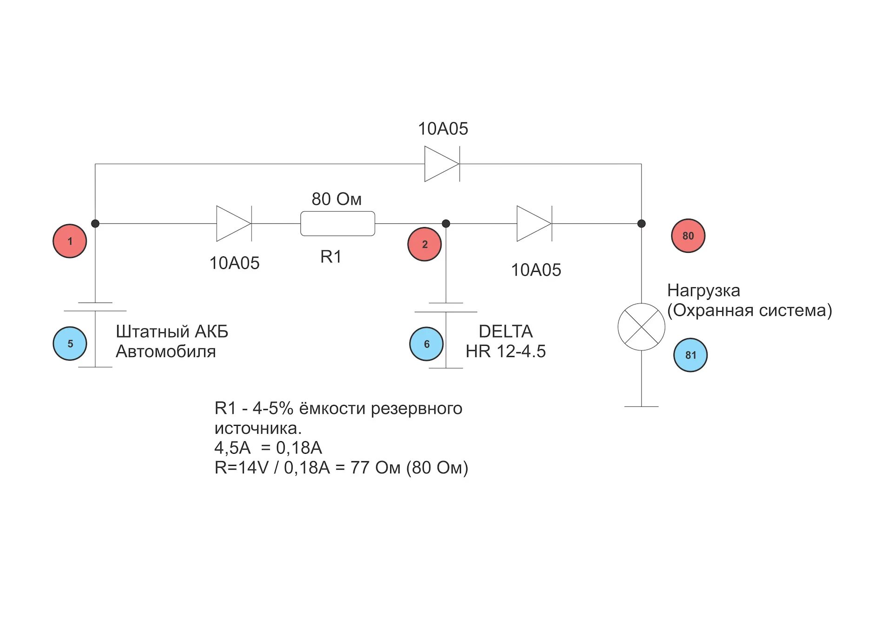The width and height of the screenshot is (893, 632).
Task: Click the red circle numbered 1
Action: point(70,241)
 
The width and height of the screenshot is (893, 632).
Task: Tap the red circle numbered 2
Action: point(424,244)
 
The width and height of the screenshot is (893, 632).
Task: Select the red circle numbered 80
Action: point(688,236)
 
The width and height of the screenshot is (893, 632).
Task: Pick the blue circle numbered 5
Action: point(70,343)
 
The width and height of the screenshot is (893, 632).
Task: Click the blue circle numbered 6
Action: point(426,344)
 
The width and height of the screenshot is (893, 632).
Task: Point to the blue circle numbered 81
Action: point(690,355)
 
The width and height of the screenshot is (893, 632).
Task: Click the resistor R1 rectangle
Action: point(338,224)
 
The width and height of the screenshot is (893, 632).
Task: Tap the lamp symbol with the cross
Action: point(641,327)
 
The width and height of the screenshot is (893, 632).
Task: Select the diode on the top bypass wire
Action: point(442,164)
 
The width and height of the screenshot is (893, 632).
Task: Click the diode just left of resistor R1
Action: point(234,224)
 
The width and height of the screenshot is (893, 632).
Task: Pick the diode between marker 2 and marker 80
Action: point(534,224)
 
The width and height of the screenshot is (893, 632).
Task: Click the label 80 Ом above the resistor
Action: point(336,199)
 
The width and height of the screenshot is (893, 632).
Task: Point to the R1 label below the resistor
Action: point(331,257)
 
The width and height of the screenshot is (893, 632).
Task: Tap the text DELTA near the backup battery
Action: point(506,331)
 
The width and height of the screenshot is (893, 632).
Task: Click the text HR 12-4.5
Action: point(506,351)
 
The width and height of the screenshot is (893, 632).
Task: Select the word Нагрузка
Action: point(703,291)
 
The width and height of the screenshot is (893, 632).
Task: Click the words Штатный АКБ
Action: point(172,331)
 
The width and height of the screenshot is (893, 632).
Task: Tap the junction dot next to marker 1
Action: point(95,224)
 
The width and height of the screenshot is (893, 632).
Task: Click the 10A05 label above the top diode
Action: point(443,129)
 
